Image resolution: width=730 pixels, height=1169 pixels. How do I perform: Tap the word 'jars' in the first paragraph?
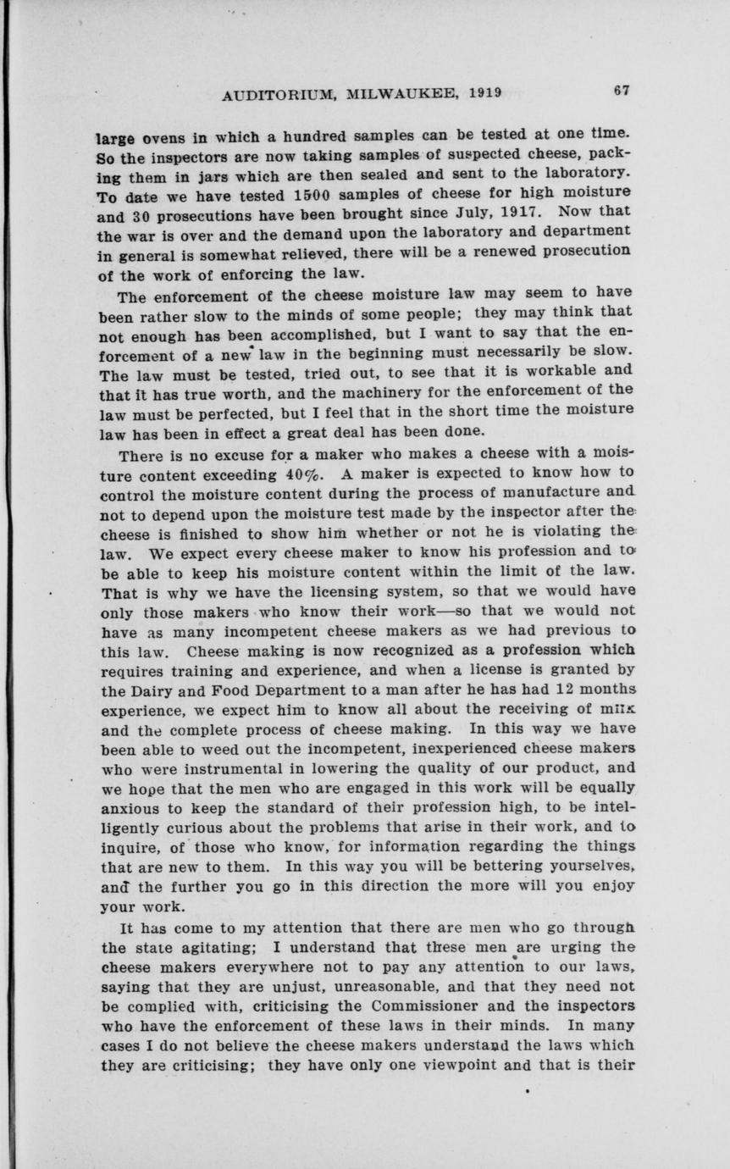tap(201, 177)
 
